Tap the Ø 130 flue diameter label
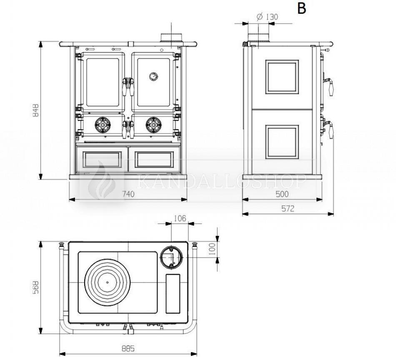pyautogui.click(x=267, y=17)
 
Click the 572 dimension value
pyautogui.click(x=288, y=209)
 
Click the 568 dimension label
pyautogui.click(x=36, y=287)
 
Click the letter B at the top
pyautogui.click(x=301, y=9)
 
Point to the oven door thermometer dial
pyautogui.click(x=154, y=76)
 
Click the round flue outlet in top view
pyautogui.click(x=170, y=256)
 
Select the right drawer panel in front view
pyautogui.click(x=154, y=159)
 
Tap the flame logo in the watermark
pyautogui.click(x=100, y=182)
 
